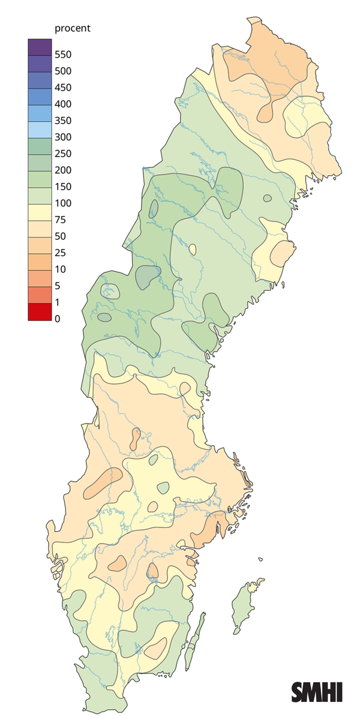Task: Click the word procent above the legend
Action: pos(72,28)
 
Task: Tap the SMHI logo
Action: pos(317,692)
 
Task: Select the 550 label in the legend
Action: pos(63,55)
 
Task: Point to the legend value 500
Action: pos(63,71)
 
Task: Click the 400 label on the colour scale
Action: pos(63,104)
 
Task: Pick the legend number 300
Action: pos(63,137)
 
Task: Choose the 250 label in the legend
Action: pos(63,154)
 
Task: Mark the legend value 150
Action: pos(63,187)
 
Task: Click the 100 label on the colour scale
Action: pos(63,203)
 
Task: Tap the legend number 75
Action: pos(60,220)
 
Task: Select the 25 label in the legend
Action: pos(60,253)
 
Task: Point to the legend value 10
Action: pos(60,269)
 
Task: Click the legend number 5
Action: pos(58,286)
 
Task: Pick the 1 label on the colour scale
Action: pos(58,302)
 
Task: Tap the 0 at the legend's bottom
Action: pos(58,319)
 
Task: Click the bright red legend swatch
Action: pos(40,312)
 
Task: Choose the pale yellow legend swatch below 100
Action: pos(40,212)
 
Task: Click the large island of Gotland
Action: pos(244,606)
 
